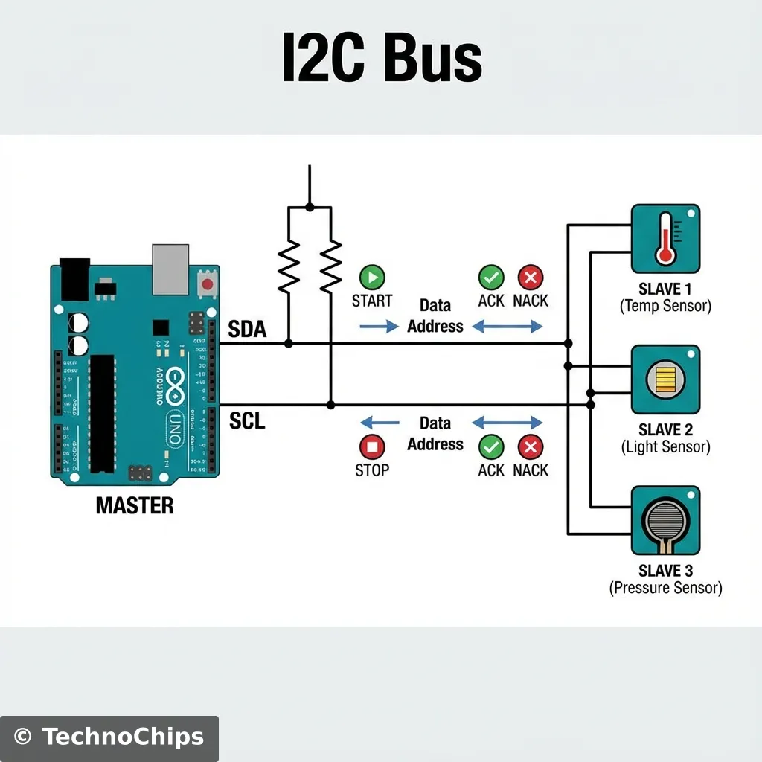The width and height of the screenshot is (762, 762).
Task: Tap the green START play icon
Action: [371, 278]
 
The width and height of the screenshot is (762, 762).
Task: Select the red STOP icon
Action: [371, 447]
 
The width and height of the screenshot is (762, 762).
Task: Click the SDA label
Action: [247, 329]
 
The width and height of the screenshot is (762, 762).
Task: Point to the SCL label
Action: [247, 421]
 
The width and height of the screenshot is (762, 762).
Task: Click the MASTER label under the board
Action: [135, 506]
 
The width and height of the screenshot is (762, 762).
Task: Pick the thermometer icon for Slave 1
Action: [665, 239]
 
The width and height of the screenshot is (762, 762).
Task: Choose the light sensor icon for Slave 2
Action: [665, 380]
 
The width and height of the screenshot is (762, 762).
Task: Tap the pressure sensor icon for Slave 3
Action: [665, 521]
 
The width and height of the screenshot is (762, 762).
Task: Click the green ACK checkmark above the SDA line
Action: [490, 278]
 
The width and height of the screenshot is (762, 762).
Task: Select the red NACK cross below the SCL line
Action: [530, 447]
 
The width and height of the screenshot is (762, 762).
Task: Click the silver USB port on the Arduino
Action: [171, 269]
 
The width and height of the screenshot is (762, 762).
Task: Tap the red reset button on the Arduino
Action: [207, 284]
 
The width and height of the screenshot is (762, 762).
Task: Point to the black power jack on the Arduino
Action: [74, 279]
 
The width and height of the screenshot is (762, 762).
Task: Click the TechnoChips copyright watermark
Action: [109, 737]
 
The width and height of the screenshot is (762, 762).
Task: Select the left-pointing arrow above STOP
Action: [380, 423]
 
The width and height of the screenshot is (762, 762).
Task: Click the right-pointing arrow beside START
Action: [380, 327]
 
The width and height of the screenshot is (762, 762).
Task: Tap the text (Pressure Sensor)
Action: [665, 588]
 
